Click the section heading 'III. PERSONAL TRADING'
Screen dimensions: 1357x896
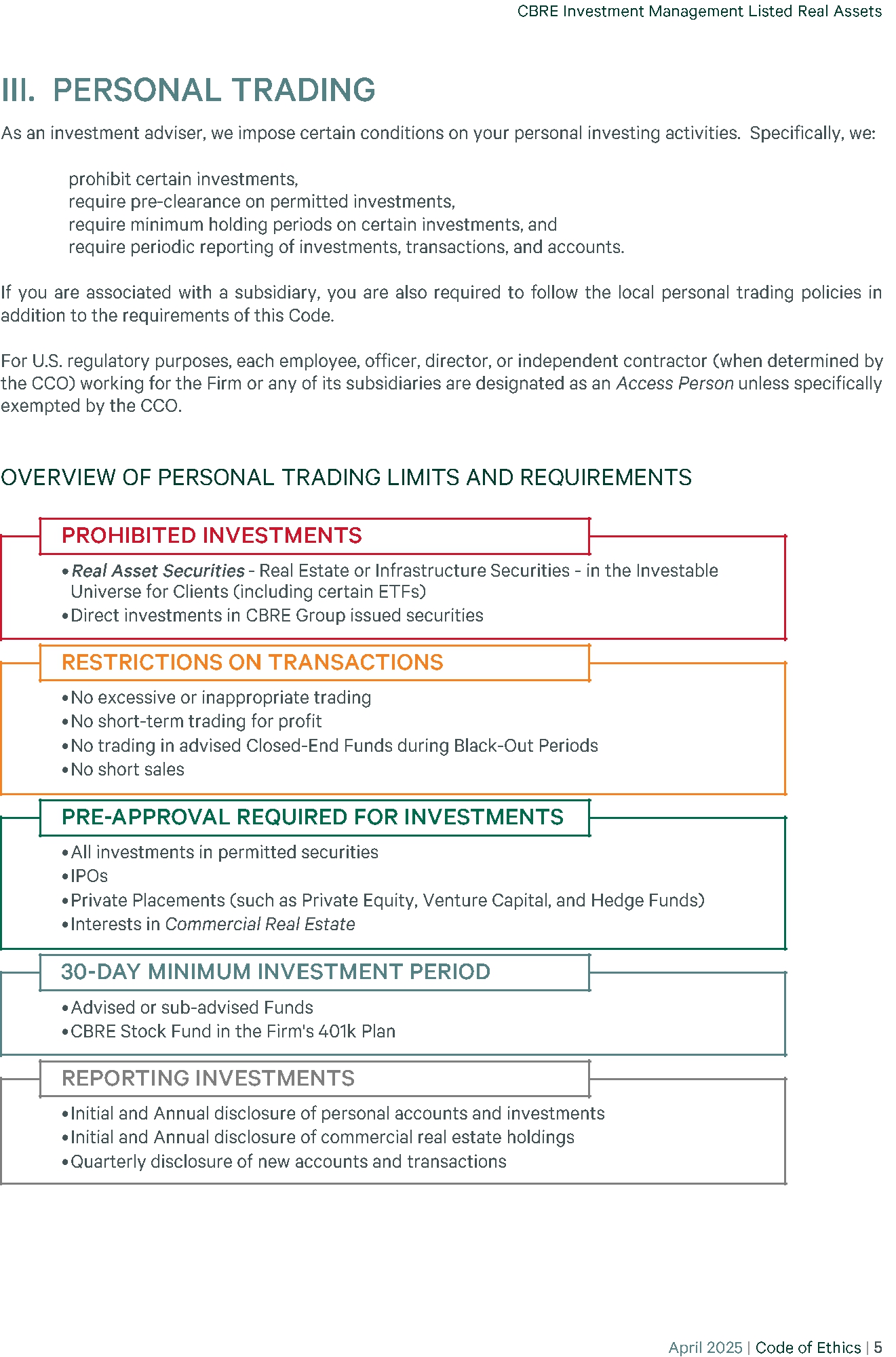click(x=188, y=90)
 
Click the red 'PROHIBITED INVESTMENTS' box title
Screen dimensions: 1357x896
click(x=212, y=535)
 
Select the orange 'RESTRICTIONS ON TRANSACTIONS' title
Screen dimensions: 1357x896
click(x=252, y=662)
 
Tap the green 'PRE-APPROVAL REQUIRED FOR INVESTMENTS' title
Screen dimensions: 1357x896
click(x=312, y=817)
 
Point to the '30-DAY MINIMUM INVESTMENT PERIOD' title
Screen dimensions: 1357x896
click(x=275, y=972)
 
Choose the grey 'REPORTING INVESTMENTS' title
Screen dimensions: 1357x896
click(x=208, y=1078)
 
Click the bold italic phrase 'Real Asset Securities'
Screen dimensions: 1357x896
click(x=158, y=571)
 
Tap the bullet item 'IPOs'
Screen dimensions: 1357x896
click(x=89, y=876)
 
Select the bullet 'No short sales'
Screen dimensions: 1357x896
click(x=127, y=769)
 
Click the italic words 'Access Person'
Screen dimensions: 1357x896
click(x=674, y=383)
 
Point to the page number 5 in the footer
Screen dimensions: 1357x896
click(x=878, y=1347)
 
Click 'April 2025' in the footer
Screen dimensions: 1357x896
click(x=705, y=1348)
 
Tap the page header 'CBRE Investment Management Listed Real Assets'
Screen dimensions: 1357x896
click(x=699, y=12)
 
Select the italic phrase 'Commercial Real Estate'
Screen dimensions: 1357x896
click(x=260, y=924)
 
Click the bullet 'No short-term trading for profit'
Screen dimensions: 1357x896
click(x=196, y=721)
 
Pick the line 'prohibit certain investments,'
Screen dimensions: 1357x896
click(x=183, y=179)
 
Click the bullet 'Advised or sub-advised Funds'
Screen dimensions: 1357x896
click(x=192, y=1008)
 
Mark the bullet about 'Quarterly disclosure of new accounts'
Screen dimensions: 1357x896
click(x=288, y=1162)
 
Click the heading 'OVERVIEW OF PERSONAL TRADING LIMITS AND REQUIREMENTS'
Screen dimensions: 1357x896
click(x=346, y=478)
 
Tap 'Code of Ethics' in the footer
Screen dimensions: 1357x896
click(x=808, y=1348)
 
